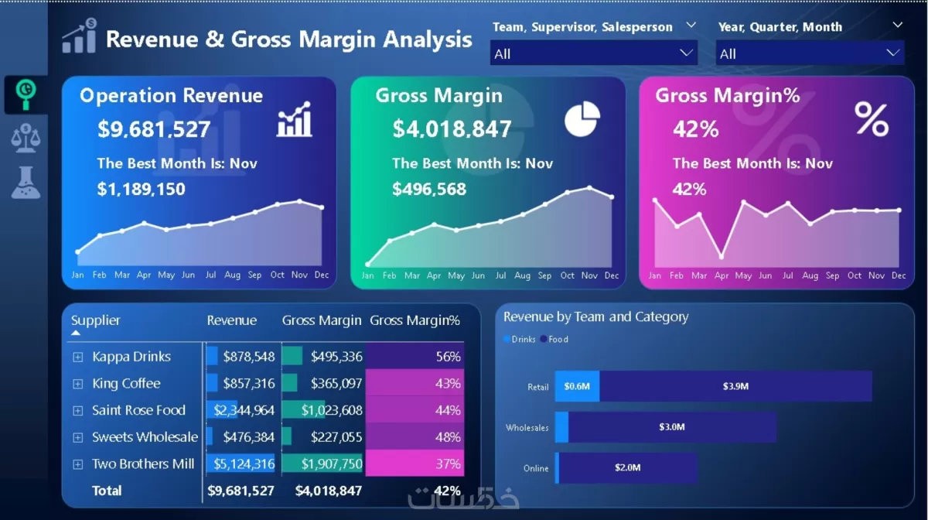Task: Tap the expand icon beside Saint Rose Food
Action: click(x=77, y=410)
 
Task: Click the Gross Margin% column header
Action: click(x=415, y=320)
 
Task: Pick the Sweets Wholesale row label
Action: click(x=145, y=437)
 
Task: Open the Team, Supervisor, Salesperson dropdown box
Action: click(x=593, y=53)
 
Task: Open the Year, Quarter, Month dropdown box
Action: click(x=809, y=53)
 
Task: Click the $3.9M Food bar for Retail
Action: click(x=735, y=386)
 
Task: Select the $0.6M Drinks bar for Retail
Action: click(x=577, y=386)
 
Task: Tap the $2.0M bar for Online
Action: click(x=627, y=467)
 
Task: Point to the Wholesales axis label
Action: click(x=527, y=427)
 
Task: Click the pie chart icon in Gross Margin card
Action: click(x=582, y=118)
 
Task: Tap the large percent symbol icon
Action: click(x=872, y=119)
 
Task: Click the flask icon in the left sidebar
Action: click(x=26, y=181)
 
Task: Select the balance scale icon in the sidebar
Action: click(x=26, y=138)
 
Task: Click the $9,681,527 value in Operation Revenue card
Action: click(x=154, y=129)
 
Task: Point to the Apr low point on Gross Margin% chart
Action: click(x=722, y=256)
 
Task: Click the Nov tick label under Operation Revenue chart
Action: click(x=299, y=275)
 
